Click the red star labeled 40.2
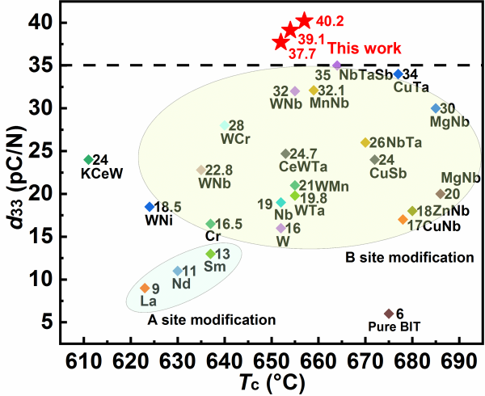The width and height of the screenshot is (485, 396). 304,21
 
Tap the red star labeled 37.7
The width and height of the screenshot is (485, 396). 280,42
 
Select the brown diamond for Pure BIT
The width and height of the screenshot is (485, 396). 389,314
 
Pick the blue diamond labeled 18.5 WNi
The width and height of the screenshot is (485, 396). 150,207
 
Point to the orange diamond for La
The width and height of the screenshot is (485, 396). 145,288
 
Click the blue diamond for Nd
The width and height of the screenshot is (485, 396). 178,271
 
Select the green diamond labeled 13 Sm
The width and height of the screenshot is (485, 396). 210,254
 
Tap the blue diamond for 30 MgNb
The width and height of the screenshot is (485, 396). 436,108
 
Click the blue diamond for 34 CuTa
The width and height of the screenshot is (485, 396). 398,74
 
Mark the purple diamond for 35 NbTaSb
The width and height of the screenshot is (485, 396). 337,65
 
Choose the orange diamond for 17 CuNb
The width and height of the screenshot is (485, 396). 403,220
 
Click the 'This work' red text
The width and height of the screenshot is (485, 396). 353,48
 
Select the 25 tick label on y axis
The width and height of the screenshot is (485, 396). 51,150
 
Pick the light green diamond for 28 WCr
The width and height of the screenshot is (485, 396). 225,125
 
